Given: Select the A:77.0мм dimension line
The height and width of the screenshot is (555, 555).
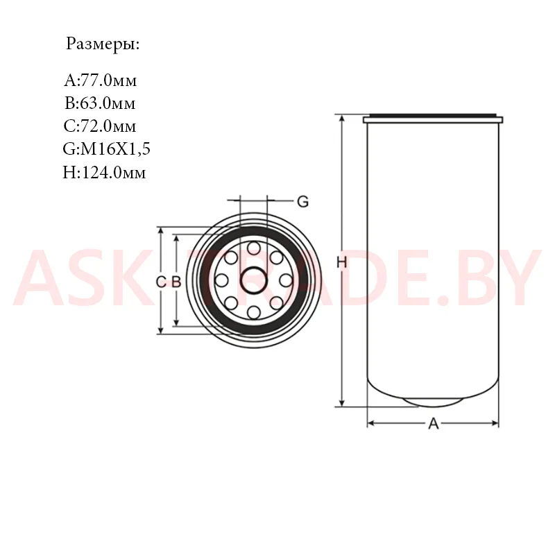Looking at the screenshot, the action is point(100,80).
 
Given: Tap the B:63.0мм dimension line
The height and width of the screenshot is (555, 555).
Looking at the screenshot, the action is point(100,103).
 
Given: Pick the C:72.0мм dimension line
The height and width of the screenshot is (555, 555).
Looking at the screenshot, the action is point(100,126).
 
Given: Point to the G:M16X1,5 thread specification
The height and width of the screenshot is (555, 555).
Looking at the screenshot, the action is point(106,148).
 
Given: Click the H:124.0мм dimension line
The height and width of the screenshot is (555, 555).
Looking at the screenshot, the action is point(104,172).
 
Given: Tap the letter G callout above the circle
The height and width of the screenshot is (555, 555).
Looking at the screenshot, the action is point(303,202).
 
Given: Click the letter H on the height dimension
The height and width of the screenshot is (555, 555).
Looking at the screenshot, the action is point(341,263).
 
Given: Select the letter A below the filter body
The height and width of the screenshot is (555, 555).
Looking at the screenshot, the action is point(433,423).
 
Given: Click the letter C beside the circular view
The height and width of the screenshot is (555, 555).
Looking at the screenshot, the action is point(161,282).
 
